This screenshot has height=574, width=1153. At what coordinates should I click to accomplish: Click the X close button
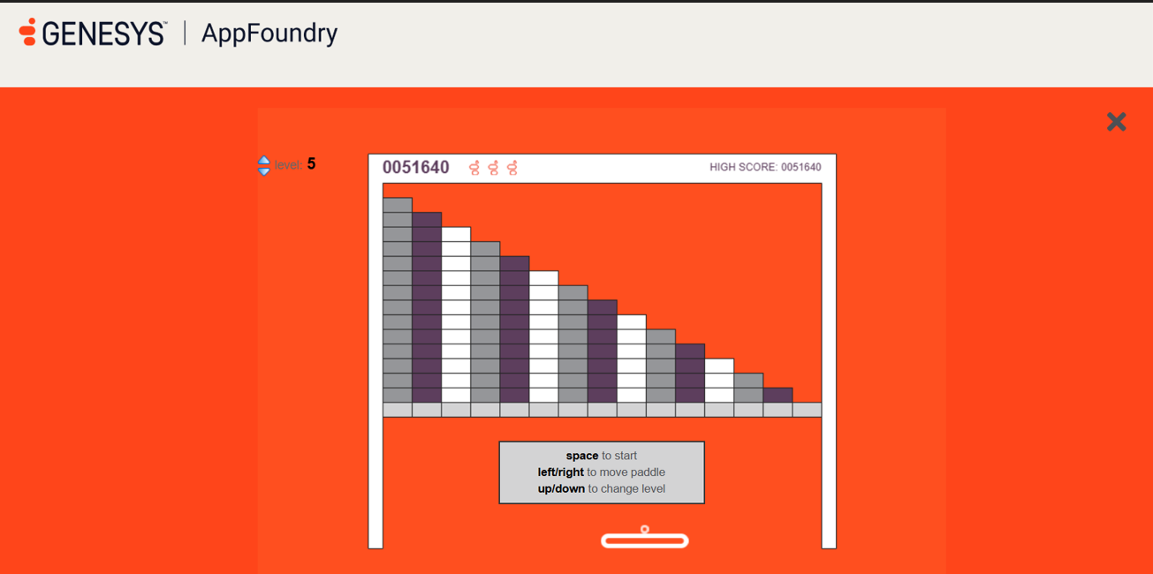tap(1116, 122)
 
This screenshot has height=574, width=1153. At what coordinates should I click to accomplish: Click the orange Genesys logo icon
tap(27, 32)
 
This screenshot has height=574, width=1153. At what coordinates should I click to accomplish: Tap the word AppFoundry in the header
tap(269, 34)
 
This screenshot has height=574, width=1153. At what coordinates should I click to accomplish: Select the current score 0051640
tap(416, 167)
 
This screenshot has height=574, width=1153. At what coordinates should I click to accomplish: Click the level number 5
tap(311, 164)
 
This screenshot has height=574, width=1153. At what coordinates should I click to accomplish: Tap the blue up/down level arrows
tap(263, 166)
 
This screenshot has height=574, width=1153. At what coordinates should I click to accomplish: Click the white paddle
tap(644, 540)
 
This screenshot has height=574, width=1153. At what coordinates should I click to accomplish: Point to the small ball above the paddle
tap(644, 529)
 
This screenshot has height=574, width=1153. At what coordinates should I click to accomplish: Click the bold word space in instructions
tap(581, 456)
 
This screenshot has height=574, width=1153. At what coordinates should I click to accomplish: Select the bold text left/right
tap(560, 472)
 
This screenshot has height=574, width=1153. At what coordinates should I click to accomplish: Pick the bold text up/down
tap(561, 488)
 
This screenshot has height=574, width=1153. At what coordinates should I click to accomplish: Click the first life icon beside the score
tap(474, 168)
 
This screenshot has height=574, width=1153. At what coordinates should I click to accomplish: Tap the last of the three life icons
tap(512, 168)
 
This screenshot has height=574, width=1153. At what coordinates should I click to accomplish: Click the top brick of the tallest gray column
tap(398, 205)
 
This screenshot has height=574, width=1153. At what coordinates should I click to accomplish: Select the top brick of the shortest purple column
tap(778, 395)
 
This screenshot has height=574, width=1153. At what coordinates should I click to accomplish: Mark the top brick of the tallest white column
tap(456, 234)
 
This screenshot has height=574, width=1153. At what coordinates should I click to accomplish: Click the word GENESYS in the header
tap(104, 34)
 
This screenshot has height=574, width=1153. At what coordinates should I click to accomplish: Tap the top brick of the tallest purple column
tap(427, 220)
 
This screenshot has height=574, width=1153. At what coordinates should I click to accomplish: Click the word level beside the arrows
tap(288, 165)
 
